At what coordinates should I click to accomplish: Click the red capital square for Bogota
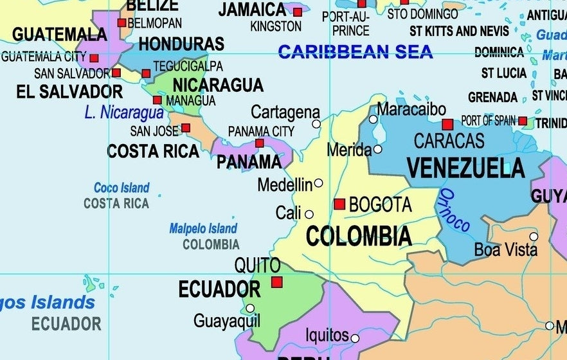point(339,204)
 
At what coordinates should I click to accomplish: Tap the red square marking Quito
point(277,282)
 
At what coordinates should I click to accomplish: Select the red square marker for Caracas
point(447,125)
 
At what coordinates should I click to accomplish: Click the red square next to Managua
point(157,100)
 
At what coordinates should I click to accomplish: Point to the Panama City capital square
point(260,143)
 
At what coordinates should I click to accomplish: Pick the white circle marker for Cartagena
point(316,124)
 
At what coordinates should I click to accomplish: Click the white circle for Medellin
point(318,183)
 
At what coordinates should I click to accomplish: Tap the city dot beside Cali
point(309,214)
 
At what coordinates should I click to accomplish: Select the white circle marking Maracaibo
point(373,119)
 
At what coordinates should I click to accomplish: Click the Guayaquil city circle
point(250,308)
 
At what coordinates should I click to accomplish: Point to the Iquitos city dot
point(355,338)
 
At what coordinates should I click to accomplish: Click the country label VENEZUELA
point(465,168)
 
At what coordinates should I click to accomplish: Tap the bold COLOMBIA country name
point(359,237)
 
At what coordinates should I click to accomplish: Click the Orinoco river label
point(455,211)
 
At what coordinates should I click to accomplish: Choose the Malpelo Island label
point(203,228)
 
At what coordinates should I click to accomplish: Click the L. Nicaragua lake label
point(124,113)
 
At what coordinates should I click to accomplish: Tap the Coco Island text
point(122,188)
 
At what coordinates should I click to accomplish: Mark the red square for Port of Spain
point(523,121)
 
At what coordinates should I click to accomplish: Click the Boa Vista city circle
point(534,237)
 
